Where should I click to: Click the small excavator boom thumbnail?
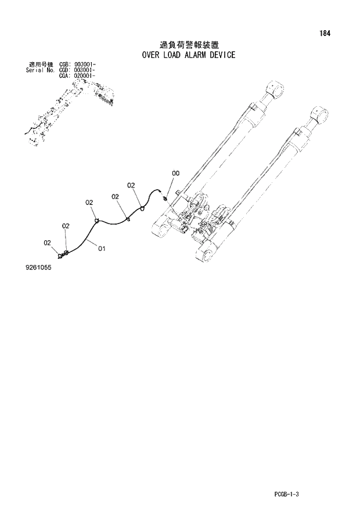[69, 110]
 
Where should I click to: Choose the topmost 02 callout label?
[131, 185]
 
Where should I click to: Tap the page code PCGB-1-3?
[290, 494]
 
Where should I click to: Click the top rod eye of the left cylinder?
[275, 89]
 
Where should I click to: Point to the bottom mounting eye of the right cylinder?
[207, 253]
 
